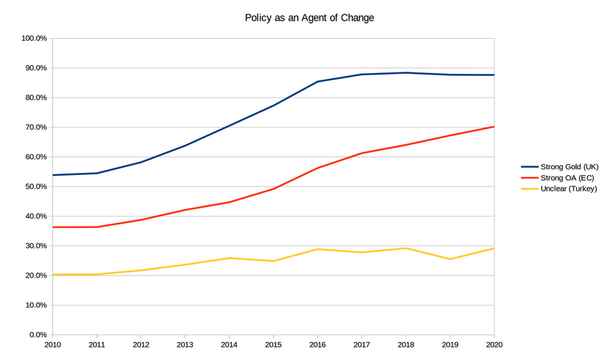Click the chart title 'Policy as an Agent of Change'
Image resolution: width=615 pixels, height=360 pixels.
coord(309,18)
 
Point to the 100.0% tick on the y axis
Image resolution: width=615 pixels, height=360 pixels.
coord(32,38)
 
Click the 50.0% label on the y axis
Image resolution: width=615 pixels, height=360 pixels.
coord(34,186)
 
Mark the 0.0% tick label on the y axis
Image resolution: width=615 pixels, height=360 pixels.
coord(36,335)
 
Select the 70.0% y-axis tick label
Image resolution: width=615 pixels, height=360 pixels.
coord(34,127)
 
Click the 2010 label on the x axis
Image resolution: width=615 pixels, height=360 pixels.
coord(52,346)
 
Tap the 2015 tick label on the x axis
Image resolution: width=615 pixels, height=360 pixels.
coord(273,346)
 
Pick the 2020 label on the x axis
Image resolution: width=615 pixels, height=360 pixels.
coord(494,346)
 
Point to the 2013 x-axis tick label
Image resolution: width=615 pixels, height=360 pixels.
coord(185,346)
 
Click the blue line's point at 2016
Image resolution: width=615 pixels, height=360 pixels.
coord(318,81)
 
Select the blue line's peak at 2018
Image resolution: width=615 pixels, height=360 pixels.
coord(406,72)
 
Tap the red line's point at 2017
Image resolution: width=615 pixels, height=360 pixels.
coord(362,153)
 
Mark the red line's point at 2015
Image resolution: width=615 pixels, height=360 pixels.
coord(273,189)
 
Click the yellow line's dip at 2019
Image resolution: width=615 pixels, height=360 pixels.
coord(451,259)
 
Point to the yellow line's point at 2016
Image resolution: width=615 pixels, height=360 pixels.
coord(318,249)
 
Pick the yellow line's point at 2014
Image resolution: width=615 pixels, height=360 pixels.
coord(230,258)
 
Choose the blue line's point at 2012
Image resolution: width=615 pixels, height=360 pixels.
coord(141,162)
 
